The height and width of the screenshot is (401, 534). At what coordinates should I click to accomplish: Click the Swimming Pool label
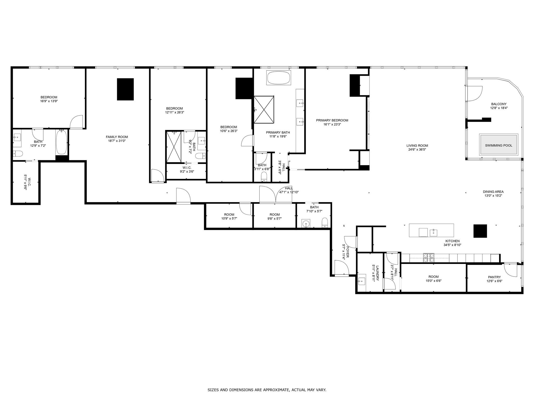(499, 145)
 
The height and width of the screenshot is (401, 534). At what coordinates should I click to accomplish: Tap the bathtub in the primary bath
(278, 78)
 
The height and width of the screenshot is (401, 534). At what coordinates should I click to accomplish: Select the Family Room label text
(117, 137)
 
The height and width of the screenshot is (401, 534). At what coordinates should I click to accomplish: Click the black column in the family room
(125, 89)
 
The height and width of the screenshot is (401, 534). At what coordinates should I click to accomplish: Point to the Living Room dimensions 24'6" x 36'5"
(417, 150)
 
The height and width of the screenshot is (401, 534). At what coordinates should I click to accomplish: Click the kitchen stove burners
(429, 258)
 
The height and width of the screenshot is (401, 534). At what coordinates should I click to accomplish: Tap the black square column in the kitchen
(480, 231)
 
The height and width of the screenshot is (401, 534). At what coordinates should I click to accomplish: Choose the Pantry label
(494, 277)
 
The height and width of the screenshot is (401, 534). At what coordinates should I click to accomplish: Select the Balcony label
(499, 104)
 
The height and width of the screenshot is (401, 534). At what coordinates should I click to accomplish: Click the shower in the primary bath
(264, 109)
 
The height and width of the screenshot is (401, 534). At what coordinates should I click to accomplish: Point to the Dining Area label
(493, 192)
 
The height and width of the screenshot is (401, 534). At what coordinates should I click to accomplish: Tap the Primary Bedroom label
(332, 120)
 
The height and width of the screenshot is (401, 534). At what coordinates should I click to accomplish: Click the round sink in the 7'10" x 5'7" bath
(305, 224)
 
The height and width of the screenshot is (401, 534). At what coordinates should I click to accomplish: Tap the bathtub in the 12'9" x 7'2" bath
(62, 142)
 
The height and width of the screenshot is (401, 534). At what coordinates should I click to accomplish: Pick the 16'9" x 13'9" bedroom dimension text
(49, 101)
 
